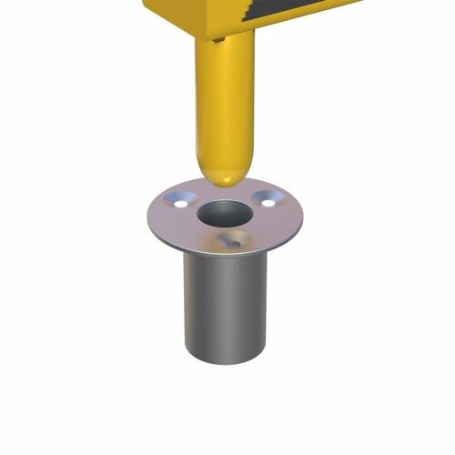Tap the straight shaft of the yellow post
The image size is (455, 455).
click(x=224, y=100)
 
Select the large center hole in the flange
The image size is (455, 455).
click(x=219, y=215)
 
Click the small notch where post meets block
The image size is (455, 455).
click(x=217, y=39)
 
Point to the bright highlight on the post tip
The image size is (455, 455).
click(x=212, y=168)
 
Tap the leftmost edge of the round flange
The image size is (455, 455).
click(x=146, y=218)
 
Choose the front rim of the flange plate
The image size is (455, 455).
click(x=224, y=258)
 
